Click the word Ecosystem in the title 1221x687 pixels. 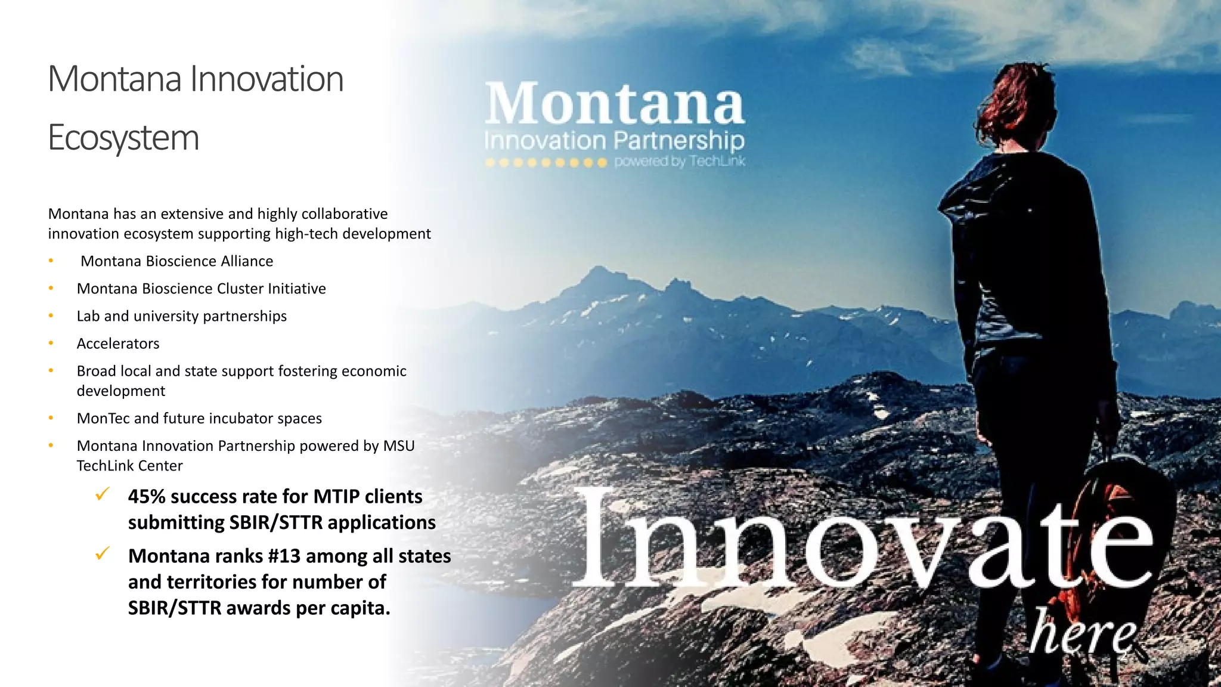[123, 138]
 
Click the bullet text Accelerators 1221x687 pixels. [118, 343]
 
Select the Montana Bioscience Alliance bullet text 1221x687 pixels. [176, 261]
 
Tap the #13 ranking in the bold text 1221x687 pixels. [284, 556]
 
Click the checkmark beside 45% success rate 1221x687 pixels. [103, 494]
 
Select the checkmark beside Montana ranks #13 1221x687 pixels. [103, 554]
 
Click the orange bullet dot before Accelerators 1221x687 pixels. [51, 343]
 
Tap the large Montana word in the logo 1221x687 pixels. [614, 104]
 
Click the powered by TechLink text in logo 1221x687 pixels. [680, 162]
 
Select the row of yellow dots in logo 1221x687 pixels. [546, 162]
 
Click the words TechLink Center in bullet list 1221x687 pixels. [129, 466]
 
